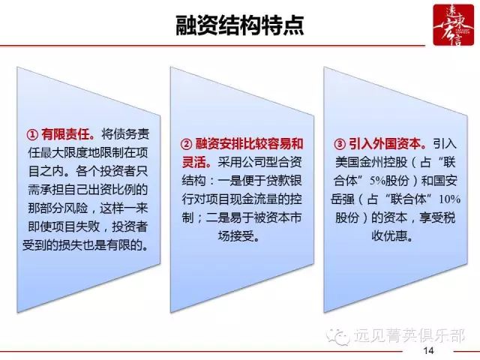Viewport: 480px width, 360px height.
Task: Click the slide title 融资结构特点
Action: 240,25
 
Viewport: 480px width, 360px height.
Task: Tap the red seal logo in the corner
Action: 453,25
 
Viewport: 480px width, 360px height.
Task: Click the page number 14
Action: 428,350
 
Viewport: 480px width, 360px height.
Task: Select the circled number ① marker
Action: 32,135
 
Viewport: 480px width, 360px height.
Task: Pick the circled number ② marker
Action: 186,144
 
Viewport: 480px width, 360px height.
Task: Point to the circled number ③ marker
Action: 340,144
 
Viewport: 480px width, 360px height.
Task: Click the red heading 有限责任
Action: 68,134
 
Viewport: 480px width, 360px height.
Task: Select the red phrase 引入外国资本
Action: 388,144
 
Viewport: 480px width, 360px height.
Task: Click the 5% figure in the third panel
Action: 377,181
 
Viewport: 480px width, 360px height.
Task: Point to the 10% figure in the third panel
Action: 450,199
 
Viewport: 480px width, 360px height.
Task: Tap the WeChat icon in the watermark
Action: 338,336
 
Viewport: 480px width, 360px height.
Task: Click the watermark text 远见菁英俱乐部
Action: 409,335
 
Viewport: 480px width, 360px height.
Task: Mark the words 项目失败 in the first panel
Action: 76,226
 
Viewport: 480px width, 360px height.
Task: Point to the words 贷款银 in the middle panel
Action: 283,181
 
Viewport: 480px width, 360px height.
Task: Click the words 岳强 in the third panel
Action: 343,199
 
